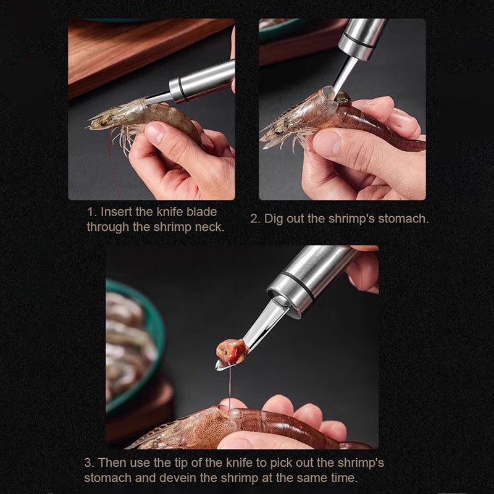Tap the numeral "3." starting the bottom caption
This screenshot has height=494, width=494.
click(x=90, y=463)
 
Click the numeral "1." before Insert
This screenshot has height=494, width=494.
click(x=92, y=212)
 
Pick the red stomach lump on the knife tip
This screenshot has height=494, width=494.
click(x=232, y=351)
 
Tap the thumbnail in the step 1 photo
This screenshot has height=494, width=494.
click(x=155, y=132)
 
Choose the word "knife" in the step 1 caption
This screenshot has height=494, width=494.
click(x=169, y=212)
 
